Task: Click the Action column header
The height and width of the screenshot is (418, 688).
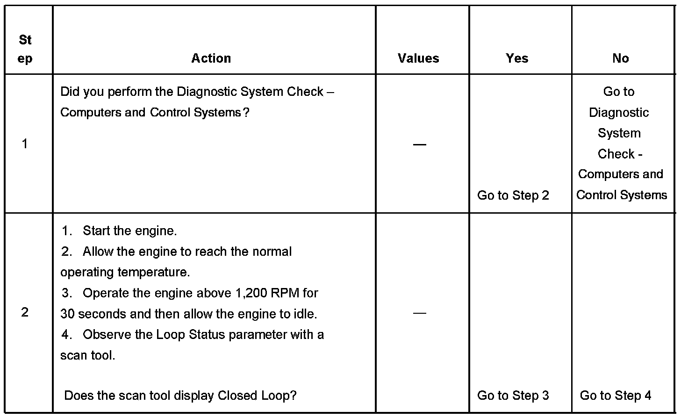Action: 211,58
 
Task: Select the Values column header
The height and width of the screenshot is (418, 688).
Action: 418,58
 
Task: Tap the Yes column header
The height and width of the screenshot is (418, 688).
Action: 517,58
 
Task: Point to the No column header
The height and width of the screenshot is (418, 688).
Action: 620,58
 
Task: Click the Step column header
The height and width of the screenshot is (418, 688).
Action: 25,49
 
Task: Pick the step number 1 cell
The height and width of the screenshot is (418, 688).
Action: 25,144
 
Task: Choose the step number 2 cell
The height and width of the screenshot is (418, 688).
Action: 25,312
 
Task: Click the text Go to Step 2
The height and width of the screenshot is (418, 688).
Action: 513,195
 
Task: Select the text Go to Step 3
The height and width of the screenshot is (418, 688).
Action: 513,396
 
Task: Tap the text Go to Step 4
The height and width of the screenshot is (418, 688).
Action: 615,396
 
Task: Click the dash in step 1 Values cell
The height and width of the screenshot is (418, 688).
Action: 419,144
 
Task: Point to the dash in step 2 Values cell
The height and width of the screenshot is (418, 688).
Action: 419,313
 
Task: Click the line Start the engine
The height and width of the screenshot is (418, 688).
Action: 129,231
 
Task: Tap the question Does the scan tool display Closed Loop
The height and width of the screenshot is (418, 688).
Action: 180,396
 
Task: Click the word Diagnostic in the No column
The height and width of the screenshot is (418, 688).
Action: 619,113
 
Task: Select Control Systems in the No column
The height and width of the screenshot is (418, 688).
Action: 621,195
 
